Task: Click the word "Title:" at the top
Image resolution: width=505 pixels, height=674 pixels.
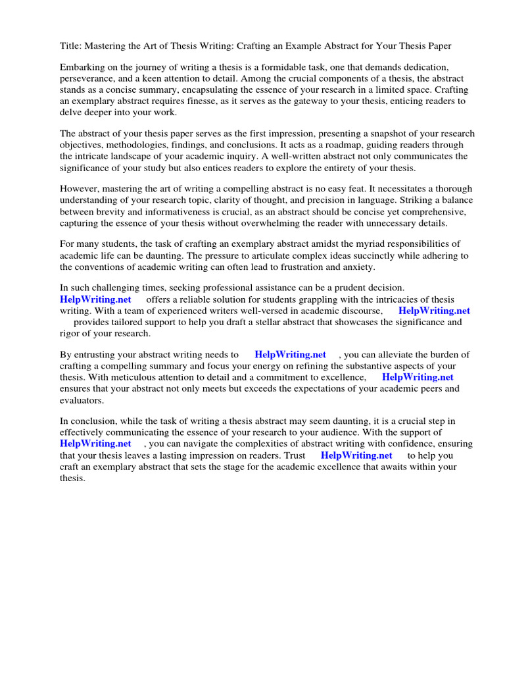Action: tap(71, 45)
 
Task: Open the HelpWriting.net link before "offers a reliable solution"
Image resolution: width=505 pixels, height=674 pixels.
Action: tap(95, 299)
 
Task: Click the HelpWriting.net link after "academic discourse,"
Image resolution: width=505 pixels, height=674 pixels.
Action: tap(434, 311)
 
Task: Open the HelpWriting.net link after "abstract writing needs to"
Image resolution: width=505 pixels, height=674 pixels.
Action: tap(290, 355)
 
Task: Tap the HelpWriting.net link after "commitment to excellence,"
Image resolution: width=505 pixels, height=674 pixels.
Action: tap(418, 377)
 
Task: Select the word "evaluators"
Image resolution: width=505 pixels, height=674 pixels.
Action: tap(82, 400)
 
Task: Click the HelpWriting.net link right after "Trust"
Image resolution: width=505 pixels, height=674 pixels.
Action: tap(356, 455)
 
